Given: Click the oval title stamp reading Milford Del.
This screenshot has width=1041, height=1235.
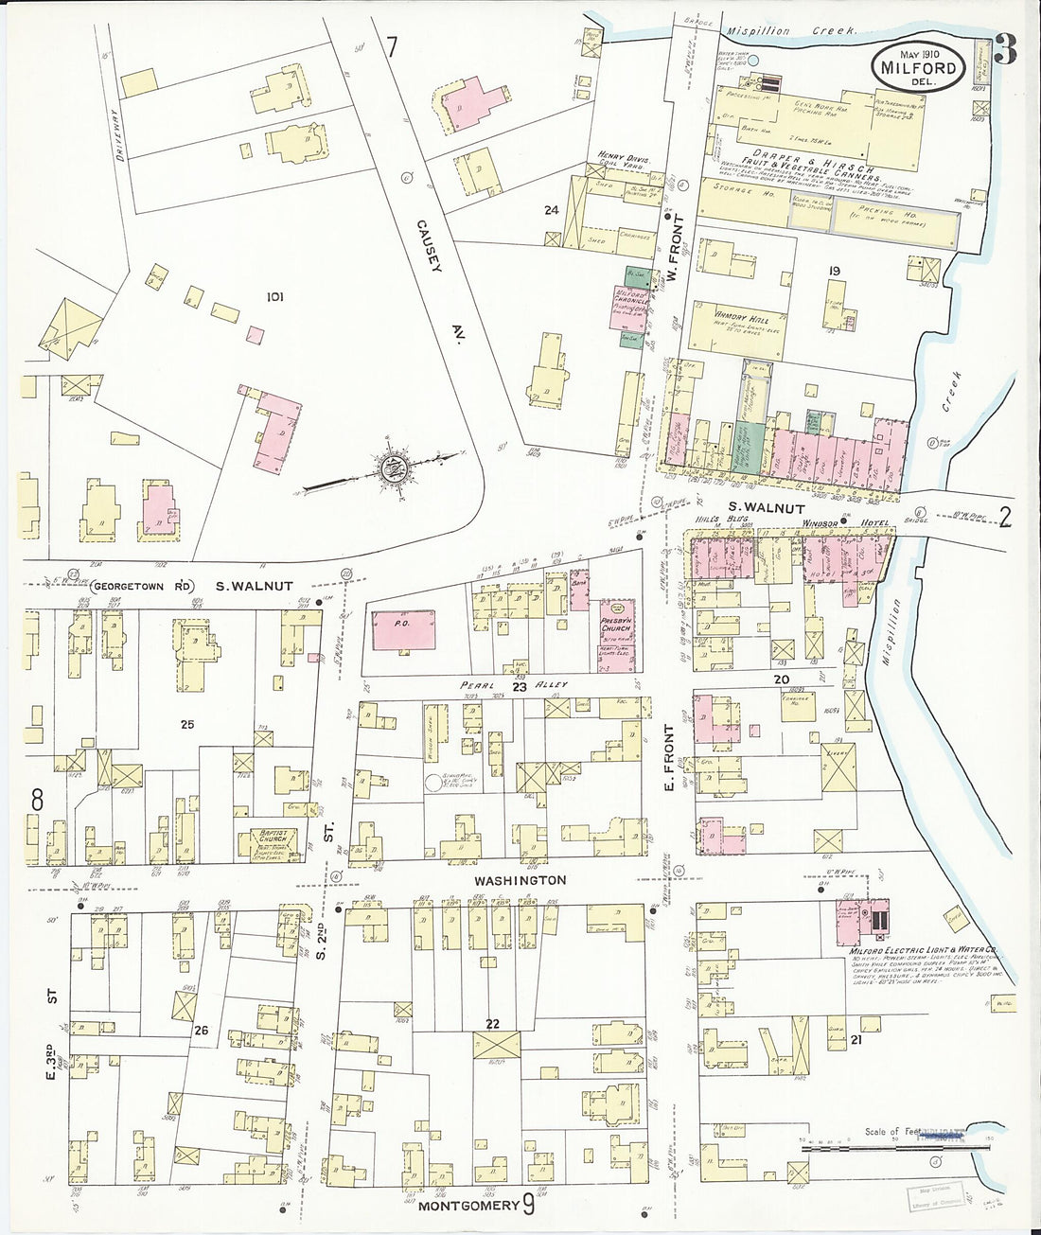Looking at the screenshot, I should [x=918, y=66].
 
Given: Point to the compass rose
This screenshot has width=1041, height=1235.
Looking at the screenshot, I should [x=390, y=468].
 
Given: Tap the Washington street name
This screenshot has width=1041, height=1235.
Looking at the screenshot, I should [x=520, y=880].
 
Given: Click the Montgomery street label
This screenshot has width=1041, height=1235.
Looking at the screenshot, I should [x=468, y=1206].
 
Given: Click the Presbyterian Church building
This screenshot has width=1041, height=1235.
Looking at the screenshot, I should [x=616, y=630].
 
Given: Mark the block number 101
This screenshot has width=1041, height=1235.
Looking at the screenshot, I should [x=274, y=297].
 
